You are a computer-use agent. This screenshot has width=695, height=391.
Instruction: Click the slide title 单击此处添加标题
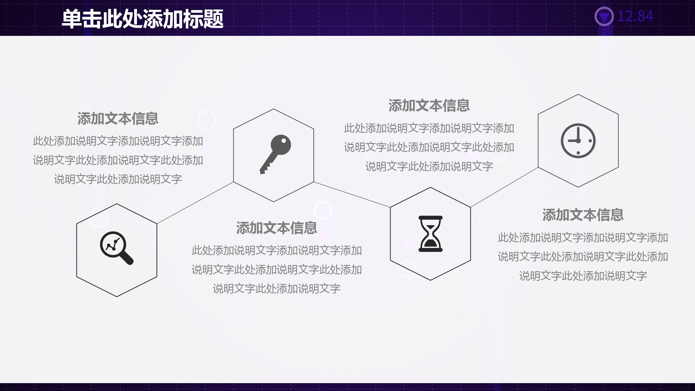[x=143, y=19]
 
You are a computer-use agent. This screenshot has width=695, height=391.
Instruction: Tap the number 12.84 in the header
[x=635, y=17]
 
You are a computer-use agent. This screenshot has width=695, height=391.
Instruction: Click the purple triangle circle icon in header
[x=604, y=17]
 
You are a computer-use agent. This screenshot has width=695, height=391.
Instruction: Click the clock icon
[x=578, y=141]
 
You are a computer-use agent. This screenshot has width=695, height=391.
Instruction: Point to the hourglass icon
[x=430, y=234]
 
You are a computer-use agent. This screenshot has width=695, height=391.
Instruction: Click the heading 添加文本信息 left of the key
[x=118, y=119]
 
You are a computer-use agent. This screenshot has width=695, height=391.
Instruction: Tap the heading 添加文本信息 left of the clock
[x=429, y=106]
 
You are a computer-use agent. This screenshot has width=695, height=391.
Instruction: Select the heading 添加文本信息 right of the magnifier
[x=276, y=228]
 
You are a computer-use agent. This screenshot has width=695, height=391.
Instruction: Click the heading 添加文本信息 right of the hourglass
[x=583, y=215]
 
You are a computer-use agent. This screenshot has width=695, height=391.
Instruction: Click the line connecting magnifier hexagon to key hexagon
[x=195, y=203]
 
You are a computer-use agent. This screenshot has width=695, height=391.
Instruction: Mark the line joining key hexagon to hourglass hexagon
[x=352, y=194]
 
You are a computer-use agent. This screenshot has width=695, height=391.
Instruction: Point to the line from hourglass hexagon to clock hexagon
[x=504, y=187]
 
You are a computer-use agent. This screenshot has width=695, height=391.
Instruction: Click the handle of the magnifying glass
[x=127, y=258]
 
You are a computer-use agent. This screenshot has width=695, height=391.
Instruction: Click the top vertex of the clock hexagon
[x=578, y=94]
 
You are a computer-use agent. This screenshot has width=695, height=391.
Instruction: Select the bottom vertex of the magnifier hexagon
[x=117, y=297]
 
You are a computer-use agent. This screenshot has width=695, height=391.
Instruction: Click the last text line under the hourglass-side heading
[x=583, y=276]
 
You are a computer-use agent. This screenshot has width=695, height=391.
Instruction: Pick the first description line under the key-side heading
[x=118, y=141]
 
